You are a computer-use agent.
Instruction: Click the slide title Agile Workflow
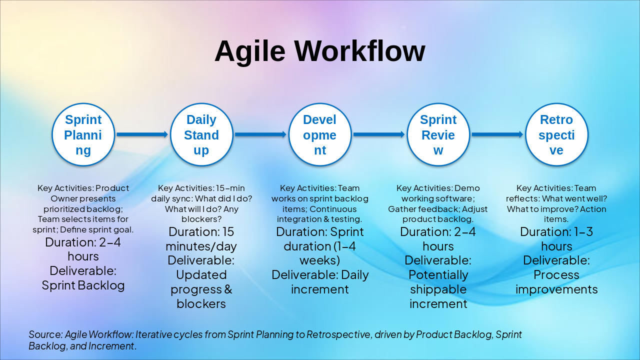click(320, 51)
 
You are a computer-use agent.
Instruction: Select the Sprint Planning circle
click(83, 134)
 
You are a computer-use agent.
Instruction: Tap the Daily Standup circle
click(201, 134)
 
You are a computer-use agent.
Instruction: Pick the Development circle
click(320, 134)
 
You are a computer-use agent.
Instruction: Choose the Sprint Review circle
click(438, 134)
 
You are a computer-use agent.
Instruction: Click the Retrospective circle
click(556, 134)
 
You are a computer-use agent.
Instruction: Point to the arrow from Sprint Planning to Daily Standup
click(142, 134)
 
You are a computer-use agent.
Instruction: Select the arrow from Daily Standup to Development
click(260, 134)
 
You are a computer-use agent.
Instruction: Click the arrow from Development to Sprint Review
click(378, 134)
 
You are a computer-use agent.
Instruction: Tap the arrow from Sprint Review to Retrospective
click(497, 134)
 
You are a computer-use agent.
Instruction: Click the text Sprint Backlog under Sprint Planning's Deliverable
click(83, 285)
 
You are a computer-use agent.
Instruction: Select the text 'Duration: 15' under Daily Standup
click(201, 232)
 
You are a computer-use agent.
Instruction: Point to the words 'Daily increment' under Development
click(320, 282)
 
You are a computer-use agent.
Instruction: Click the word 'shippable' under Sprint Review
click(438, 289)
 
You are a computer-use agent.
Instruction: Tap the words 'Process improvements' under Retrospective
click(556, 282)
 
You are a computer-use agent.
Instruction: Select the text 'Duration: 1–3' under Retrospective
click(556, 232)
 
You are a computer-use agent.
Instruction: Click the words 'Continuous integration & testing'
click(320, 214)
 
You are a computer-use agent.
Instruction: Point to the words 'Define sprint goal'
click(105, 229)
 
